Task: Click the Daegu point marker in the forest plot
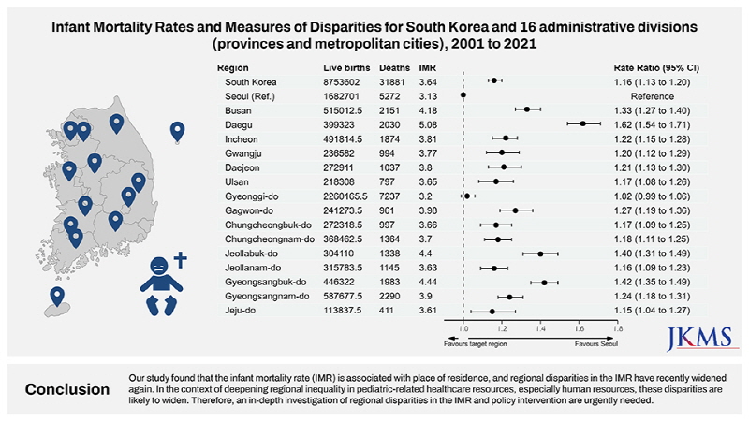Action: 582,123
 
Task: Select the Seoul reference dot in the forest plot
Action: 463,95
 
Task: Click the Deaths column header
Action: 393,68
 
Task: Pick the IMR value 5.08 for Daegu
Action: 428,123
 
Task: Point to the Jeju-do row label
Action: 242,310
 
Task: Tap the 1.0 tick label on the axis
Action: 463,328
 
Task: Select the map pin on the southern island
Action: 58,297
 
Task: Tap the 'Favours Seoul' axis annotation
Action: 595,344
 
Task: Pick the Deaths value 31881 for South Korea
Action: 394,82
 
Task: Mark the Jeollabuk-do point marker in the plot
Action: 541,254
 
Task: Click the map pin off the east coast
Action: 177,132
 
